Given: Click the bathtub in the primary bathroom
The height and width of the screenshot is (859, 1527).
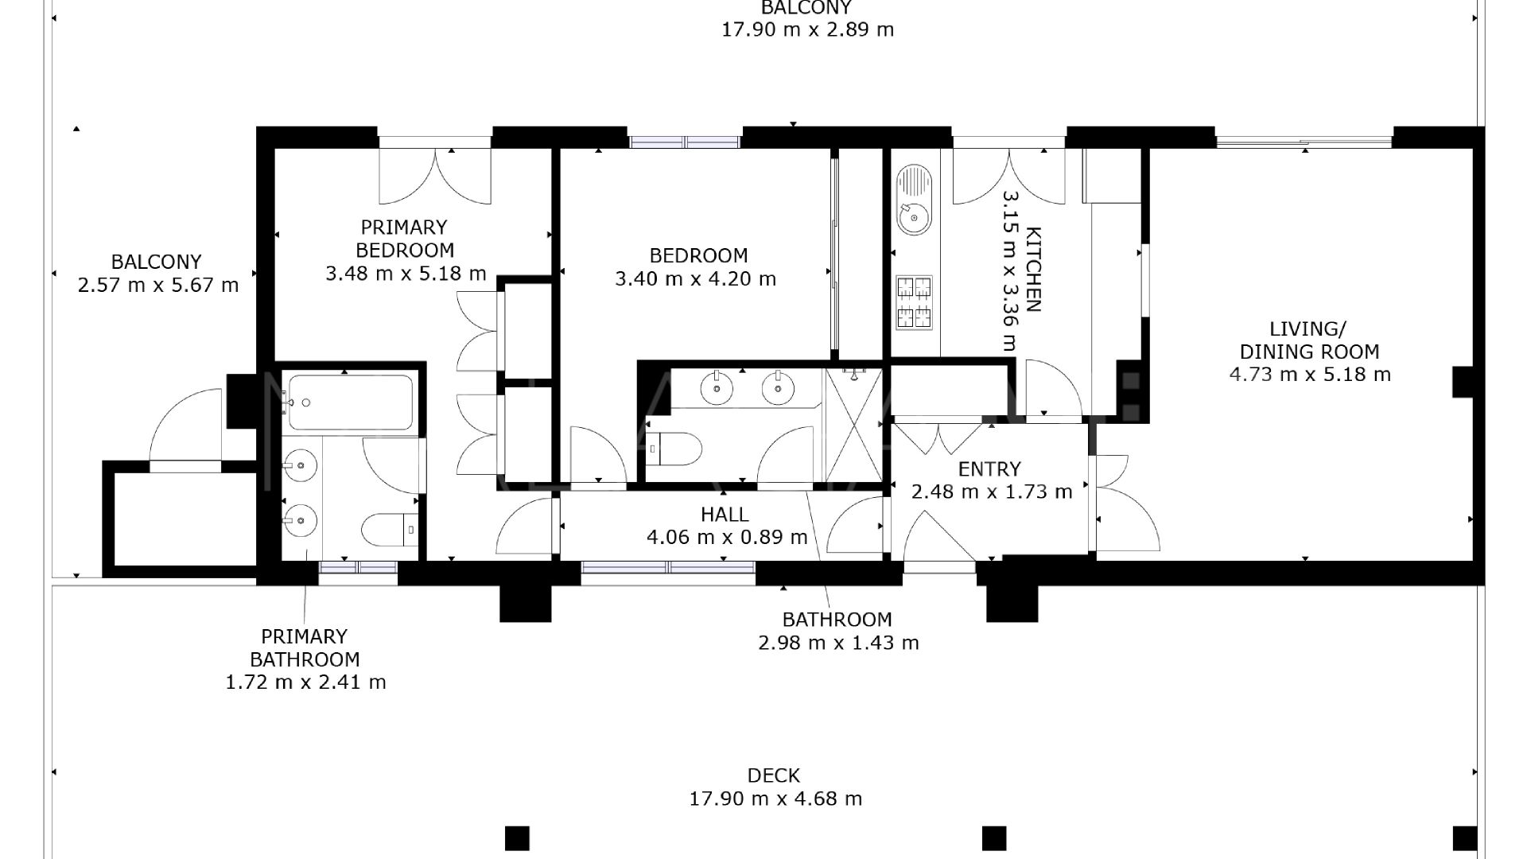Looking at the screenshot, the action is coord(350,402).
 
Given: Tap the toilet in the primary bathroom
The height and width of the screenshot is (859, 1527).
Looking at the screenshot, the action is coord(390,529).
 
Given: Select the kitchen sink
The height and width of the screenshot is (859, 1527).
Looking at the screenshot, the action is coord(914,200).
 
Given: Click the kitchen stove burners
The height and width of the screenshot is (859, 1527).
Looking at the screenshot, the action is coord(914,302).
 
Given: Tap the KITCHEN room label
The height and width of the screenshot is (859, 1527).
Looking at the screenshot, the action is coord(1033,270).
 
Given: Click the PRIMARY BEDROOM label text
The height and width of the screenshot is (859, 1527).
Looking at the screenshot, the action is coord(405,239).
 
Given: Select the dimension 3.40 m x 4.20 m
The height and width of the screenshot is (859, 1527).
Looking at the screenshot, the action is coord(696,279).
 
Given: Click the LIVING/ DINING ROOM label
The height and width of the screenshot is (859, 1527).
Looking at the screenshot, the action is coord(1309,340).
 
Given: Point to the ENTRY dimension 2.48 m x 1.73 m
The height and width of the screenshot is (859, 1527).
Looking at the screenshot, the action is coord(992,492).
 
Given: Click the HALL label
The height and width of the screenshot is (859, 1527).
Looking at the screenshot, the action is coord(725,515).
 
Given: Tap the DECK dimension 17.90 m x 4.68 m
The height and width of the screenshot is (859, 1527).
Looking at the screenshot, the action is coord(775,799).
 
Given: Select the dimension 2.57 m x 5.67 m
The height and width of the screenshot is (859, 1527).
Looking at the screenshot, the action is coord(158,286).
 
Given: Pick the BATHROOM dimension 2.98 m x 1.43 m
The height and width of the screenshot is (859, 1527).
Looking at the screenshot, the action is coord(838,643).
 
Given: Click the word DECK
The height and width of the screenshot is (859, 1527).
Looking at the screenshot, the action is coord(773,775).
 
